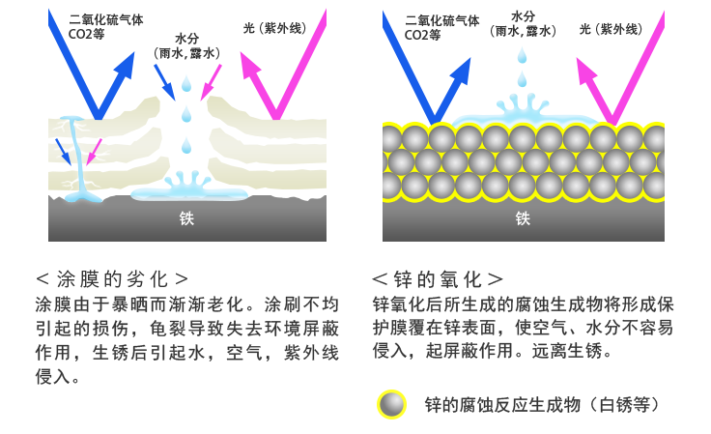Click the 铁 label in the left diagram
coord(186,218)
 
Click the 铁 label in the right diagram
coord(523,218)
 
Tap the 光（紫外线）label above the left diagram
coord(275,28)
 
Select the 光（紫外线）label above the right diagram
coord(611,29)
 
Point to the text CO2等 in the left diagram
coord(86,35)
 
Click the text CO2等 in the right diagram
coord(422,35)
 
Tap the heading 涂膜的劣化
coord(112,279)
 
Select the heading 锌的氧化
coord(438,279)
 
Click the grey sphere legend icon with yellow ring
coord(392,405)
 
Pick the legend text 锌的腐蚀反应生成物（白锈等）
coord(542,405)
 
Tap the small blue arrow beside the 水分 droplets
coord(164,82)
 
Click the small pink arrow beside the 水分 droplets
coord(211,82)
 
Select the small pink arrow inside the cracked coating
coord(94,152)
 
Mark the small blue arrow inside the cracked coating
coord(63,152)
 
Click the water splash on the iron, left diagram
coord(189,189)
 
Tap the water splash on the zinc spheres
coord(523,112)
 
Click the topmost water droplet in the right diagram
coord(523,56)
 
